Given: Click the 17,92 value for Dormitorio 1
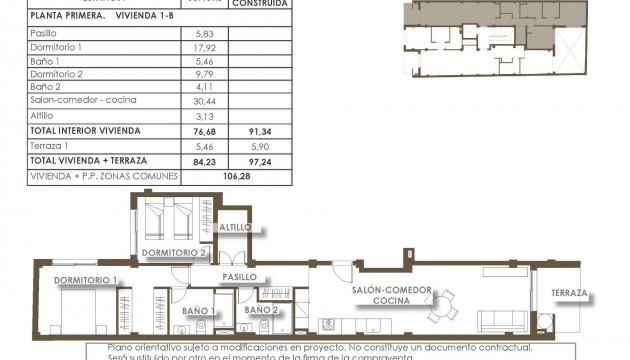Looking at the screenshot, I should [x=205, y=47].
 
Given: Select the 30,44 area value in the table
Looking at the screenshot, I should [x=205, y=100].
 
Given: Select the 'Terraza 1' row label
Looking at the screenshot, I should [x=50, y=145].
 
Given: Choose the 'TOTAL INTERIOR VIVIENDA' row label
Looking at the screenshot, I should [x=85, y=130].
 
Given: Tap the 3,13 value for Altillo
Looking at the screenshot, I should [x=205, y=115].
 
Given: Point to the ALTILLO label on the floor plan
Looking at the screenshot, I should [x=236, y=228].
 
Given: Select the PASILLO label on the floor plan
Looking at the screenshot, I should [x=240, y=276].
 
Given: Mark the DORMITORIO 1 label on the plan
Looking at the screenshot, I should [x=86, y=279].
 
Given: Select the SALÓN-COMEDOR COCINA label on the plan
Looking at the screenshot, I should [x=391, y=295].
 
